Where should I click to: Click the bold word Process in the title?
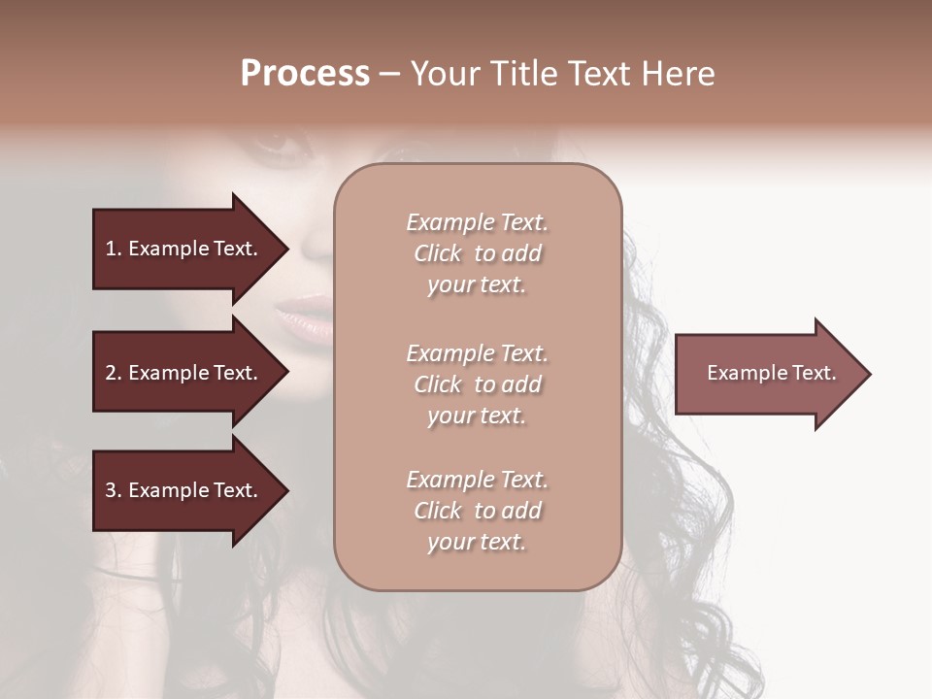click(x=305, y=74)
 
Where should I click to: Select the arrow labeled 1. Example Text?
click(x=184, y=249)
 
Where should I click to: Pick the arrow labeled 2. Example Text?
click(x=184, y=373)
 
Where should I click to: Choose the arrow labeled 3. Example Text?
click(x=184, y=490)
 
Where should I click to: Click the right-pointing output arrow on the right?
click(x=767, y=373)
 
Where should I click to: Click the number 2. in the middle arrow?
click(x=114, y=373)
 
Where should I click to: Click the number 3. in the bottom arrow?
click(x=114, y=490)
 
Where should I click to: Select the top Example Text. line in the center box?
click(x=477, y=222)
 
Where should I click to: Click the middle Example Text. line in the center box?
click(x=477, y=353)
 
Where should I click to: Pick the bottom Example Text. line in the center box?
click(x=477, y=480)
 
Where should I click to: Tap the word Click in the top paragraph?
click(x=438, y=253)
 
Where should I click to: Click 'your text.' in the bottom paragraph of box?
click(x=477, y=542)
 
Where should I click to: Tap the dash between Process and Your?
click(x=389, y=75)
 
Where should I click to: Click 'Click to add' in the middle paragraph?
click(x=477, y=384)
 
